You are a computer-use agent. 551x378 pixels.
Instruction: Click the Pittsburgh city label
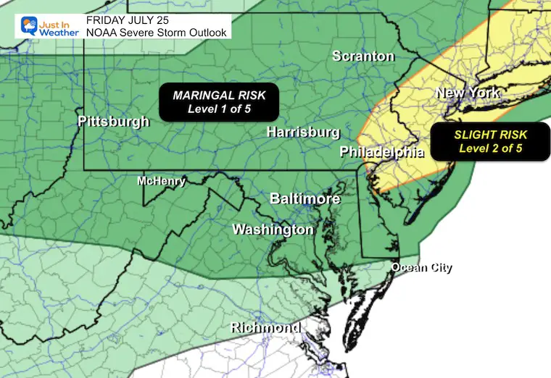[x=113, y=122]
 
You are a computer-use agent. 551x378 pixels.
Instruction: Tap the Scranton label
[x=363, y=56]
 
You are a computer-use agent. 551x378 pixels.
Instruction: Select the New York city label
[x=467, y=93]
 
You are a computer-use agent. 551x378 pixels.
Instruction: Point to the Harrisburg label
[x=303, y=133]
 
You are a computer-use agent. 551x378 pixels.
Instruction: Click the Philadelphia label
[x=382, y=152]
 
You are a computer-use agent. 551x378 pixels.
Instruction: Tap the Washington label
[x=273, y=230]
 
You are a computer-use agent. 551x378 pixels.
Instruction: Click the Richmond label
[x=265, y=328]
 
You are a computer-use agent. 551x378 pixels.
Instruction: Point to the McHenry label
[x=162, y=182]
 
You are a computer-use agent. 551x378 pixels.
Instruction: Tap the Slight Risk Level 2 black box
[x=491, y=141]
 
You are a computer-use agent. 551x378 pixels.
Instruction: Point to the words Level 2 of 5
[x=491, y=148]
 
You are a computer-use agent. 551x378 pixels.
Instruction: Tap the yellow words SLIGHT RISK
[x=491, y=135]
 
